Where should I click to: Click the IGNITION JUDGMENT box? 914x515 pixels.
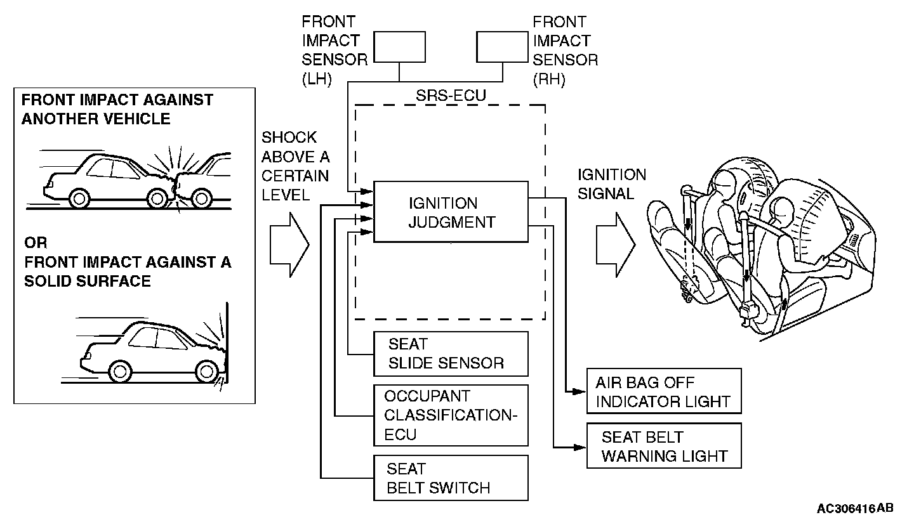451,212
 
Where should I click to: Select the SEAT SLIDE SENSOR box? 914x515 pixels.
451,354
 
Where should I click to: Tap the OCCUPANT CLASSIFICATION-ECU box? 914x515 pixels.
451,415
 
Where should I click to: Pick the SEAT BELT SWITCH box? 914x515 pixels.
451,478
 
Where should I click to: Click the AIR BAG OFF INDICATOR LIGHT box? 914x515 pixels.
663,392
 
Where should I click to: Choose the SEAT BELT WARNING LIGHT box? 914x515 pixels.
663,447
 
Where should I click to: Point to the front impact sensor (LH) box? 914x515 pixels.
399,48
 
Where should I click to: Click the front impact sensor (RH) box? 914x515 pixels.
503,48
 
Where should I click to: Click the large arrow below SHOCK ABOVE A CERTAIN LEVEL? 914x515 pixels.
289,244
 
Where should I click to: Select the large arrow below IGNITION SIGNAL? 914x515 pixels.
615,244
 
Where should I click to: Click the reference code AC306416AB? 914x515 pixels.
854,508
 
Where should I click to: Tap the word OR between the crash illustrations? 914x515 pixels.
36,243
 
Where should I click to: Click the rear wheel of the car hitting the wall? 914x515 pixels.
119,369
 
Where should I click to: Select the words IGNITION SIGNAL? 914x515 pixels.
611,184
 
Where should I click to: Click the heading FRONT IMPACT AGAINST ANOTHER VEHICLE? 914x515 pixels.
117,109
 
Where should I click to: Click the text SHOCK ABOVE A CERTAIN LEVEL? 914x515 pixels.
295,166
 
